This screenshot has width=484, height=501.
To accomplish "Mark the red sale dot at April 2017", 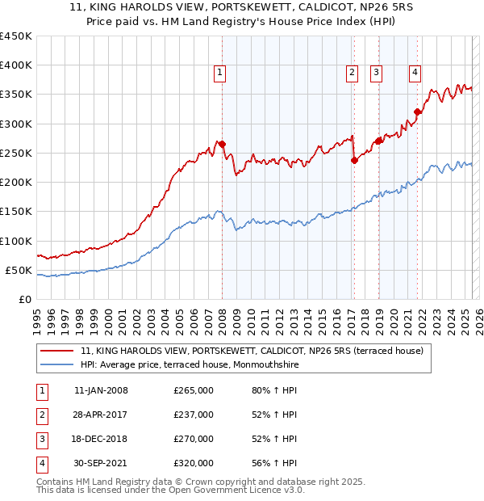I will click(354, 160).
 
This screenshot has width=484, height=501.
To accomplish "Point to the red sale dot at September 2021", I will click(417, 112).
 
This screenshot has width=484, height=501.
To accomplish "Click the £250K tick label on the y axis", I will click(15, 153).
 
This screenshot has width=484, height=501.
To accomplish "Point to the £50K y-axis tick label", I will click(19, 270).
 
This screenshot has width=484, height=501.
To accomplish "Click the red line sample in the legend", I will click(57, 351).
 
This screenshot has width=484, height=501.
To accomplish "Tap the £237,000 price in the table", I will click(194, 415).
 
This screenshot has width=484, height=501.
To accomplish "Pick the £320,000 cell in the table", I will click(194, 463).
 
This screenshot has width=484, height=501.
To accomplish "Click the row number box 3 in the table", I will click(40, 439).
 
